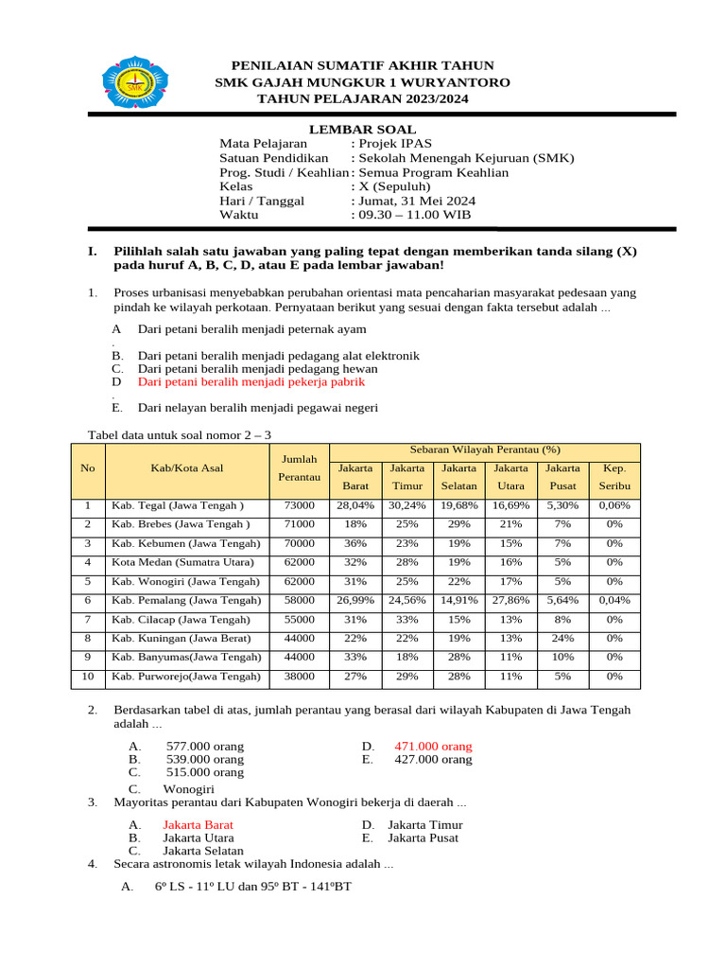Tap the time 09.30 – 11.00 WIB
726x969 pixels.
(x=413, y=215)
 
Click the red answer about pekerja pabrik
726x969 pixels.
(x=251, y=382)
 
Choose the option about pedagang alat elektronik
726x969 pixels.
(x=279, y=356)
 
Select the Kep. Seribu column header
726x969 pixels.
(x=614, y=477)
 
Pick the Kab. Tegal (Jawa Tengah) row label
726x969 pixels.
(x=178, y=505)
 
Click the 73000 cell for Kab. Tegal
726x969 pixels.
(x=299, y=505)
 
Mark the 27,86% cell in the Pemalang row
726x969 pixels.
(x=510, y=600)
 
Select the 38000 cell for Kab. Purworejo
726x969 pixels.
(x=299, y=677)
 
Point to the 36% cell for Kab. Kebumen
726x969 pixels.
(x=355, y=543)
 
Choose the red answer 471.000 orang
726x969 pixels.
(x=440, y=747)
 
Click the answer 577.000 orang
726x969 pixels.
(x=204, y=747)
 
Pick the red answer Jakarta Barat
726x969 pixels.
(x=198, y=824)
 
